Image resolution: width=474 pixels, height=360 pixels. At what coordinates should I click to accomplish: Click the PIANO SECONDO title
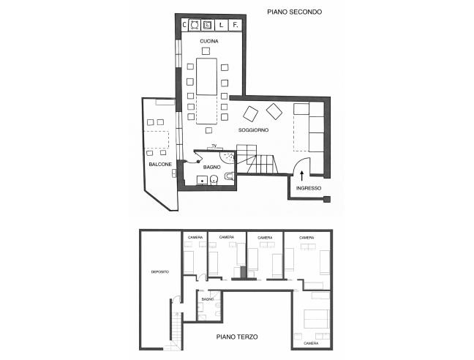point(295,12)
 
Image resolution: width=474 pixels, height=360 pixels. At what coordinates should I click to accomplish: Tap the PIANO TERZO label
point(237,337)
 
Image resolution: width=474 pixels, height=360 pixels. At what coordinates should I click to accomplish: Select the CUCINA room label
point(209,41)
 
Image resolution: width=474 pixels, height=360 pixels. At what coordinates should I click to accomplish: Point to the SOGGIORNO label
point(253,130)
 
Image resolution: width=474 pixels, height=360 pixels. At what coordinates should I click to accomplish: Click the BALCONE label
point(160,165)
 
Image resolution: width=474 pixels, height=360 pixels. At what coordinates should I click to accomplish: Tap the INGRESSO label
point(309,188)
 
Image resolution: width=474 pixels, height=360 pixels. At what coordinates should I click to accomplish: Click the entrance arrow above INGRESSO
point(301,176)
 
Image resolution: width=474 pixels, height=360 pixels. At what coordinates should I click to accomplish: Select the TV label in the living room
point(214,146)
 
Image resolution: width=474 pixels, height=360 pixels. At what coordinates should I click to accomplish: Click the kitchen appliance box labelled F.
point(235,25)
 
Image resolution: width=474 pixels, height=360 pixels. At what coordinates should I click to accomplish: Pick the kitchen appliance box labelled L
point(222,25)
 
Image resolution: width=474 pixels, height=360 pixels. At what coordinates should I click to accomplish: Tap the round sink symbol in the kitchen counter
point(195,25)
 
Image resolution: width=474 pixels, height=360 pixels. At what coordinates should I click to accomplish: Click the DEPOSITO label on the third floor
point(160,272)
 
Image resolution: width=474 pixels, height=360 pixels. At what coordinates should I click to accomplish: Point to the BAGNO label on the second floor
point(211,167)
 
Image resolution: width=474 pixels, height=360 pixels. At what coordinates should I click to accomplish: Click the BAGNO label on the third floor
point(208,299)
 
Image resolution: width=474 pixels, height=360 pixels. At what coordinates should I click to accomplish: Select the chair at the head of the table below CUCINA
point(206,50)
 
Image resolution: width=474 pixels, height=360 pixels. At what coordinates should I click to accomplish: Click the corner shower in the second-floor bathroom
point(227,157)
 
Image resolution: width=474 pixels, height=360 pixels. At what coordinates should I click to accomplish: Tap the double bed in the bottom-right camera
point(316,319)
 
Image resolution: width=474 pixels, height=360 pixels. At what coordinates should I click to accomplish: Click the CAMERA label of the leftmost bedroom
point(195,238)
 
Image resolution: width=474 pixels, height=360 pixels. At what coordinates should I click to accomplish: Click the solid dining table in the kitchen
point(206,77)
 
